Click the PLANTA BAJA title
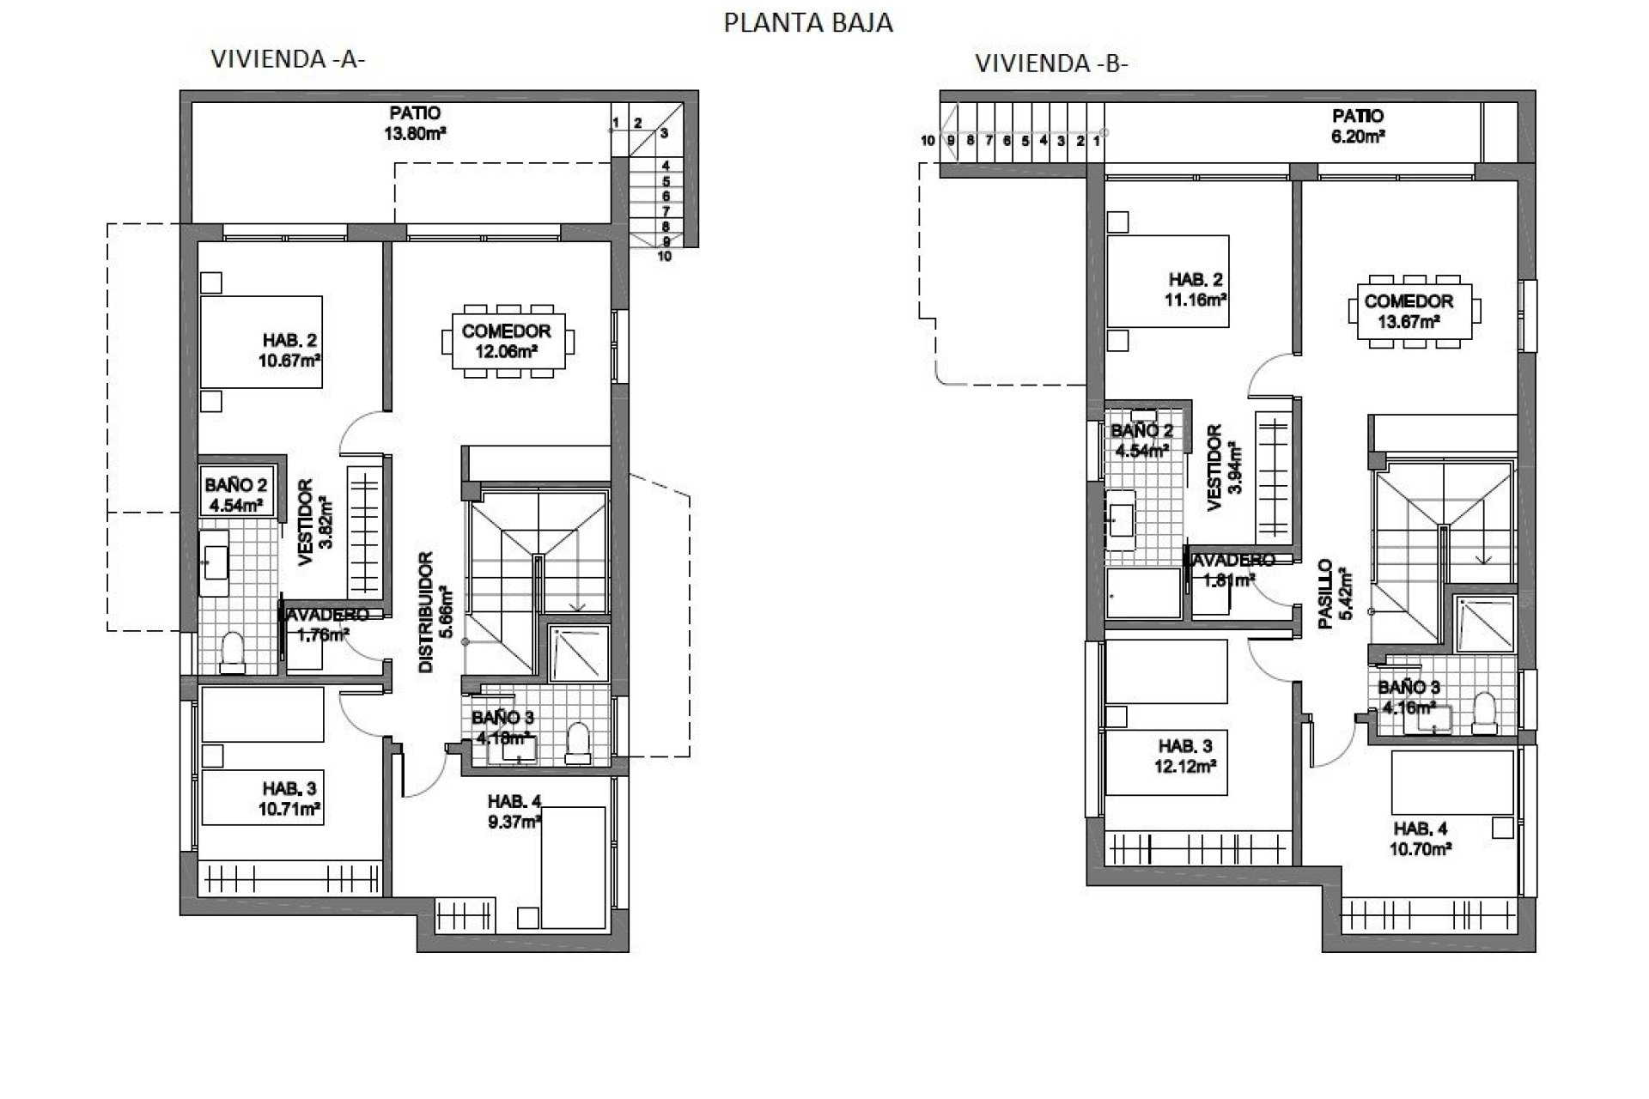(808, 23)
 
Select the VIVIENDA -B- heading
(1051, 64)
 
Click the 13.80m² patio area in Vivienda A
(416, 123)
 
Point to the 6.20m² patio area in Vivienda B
(1358, 125)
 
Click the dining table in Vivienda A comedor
(507, 341)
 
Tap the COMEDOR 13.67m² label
(1409, 311)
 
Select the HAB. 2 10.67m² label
(289, 349)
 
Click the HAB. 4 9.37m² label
(514, 811)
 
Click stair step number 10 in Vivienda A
(664, 256)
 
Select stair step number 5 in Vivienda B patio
(1025, 141)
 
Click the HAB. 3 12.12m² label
(1185, 756)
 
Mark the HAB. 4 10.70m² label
(1421, 838)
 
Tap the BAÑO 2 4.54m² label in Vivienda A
(234, 495)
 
